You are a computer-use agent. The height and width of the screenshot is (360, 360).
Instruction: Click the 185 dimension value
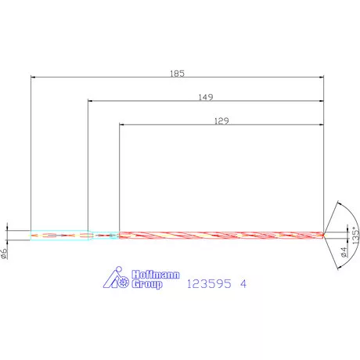click(177, 74)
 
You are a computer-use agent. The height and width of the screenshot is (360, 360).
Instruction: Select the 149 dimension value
click(206, 97)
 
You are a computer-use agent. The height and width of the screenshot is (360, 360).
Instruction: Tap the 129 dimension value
click(221, 121)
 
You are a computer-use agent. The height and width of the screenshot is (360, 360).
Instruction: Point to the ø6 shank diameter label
click(4, 254)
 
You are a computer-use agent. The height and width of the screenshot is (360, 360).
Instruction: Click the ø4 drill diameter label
click(344, 252)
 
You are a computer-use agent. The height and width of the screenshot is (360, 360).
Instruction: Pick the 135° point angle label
click(355, 236)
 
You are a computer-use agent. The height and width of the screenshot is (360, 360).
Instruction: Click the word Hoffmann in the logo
click(156, 275)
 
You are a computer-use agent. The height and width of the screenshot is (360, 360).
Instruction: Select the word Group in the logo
click(147, 284)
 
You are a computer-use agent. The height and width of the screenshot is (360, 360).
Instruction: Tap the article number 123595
click(209, 283)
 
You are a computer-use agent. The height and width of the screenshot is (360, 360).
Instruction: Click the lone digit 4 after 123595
click(243, 283)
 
